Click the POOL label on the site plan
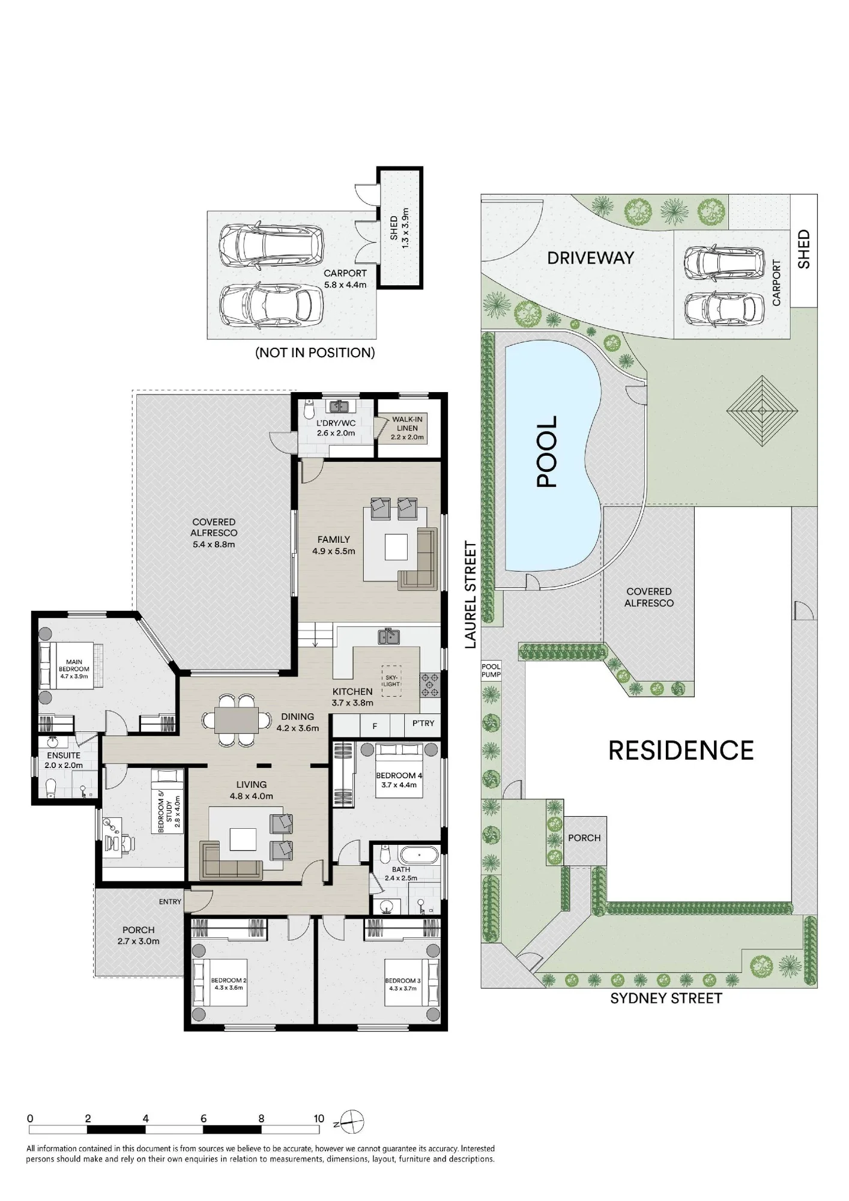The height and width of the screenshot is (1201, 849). pyautogui.click(x=547, y=451)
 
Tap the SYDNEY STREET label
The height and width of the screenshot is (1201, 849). pyautogui.click(x=666, y=998)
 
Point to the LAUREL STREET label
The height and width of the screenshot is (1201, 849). pyautogui.click(x=471, y=594)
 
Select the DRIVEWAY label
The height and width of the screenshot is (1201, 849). pyautogui.click(x=591, y=258)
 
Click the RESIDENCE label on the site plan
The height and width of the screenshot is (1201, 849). pyautogui.click(x=681, y=751)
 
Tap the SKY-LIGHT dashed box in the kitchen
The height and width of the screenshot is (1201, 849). pyautogui.click(x=391, y=680)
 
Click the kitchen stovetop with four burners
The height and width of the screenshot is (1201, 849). pyautogui.click(x=430, y=685)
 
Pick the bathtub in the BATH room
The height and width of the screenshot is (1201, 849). pyautogui.click(x=418, y=855)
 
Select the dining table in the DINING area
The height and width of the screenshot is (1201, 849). pyautogui.click(x=237, y=720)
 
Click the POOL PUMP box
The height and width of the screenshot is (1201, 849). pyautogui.click(x=491, y=670)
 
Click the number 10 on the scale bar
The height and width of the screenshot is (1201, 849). pyautogui.click(x=319, y=1118)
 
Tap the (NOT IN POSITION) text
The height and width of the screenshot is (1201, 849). pyautogui.click(x=315, y=352)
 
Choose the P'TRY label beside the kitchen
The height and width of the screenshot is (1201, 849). pyautogui.click(x=423, y=723)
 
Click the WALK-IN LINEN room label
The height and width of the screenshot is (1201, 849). pyautogui.click(x=407, y=424)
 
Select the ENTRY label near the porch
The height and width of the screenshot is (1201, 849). pyautogui.click(x=170, y=901)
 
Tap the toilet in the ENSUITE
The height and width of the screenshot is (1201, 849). pyautogui.click(x=50, y=787)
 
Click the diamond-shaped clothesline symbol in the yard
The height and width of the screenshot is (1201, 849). pyautogui.click(x=762, y=411)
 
